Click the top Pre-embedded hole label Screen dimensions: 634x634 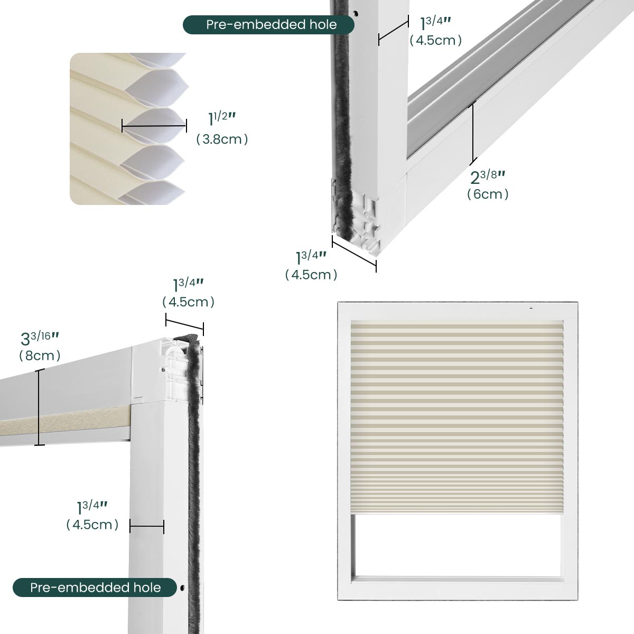coord(272,25)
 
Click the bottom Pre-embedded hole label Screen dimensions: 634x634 coord(96,588)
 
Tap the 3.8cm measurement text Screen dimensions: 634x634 coord(222,139)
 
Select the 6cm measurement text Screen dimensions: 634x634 coord(488,194)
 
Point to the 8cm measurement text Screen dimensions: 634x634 coord(40,356)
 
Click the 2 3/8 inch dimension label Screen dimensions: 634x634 coord(488,178)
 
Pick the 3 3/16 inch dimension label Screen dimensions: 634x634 coord(40,339)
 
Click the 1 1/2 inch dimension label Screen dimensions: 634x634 coord(222,118)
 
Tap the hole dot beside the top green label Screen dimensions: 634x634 coord(356,14)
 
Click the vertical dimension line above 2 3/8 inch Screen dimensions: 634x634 coord(473,134)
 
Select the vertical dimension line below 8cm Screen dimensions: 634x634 coord(40,407)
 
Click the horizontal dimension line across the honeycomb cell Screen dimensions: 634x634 coord(154,126)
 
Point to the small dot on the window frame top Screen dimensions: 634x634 coord(530,307)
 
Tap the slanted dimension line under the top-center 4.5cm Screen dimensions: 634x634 coord(184,324)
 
